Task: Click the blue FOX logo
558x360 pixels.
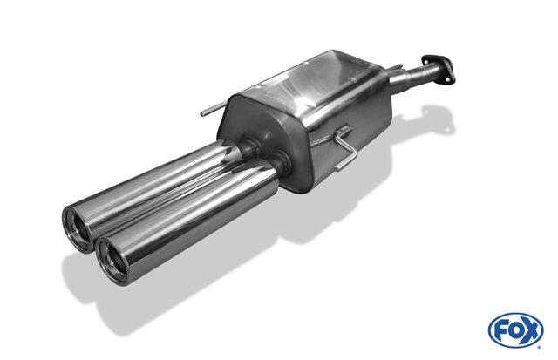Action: (515, 330)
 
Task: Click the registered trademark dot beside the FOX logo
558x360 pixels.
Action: (540, 347)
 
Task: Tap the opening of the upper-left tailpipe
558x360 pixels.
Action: (78, 229)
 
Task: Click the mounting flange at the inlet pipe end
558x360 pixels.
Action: (439, 70)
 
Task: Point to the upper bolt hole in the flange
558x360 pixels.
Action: (426, 59)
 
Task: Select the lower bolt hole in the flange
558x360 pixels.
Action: (450, 80)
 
